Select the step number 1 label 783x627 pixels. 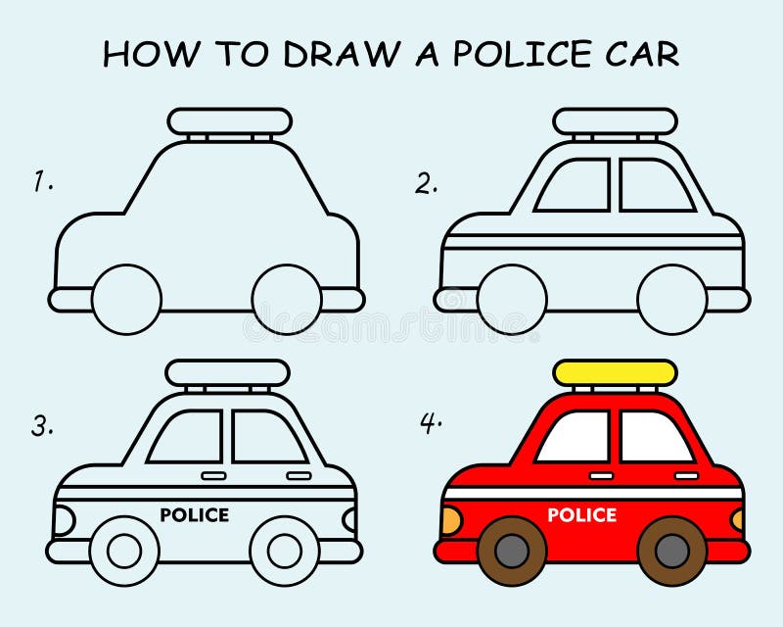click(41, 182)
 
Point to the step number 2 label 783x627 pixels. click(425, 182)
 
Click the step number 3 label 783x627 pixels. click(41, 425)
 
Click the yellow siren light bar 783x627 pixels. click(615, 372)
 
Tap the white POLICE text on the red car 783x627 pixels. click(581, 514)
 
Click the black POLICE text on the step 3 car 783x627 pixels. click(194, 514)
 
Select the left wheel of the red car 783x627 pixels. click(510, 551)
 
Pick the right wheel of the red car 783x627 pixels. click(671, 551)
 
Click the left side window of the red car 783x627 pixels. click(574, 436)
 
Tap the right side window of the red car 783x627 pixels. click(656, 436)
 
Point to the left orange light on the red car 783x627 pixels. click(450, 520)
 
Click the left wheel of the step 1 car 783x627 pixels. click(126, 297)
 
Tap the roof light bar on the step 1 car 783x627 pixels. click(229, 121)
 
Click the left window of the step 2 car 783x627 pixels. click(574, 185)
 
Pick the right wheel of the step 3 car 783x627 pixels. click(285, 551)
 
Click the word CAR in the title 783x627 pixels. click(642, 54)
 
